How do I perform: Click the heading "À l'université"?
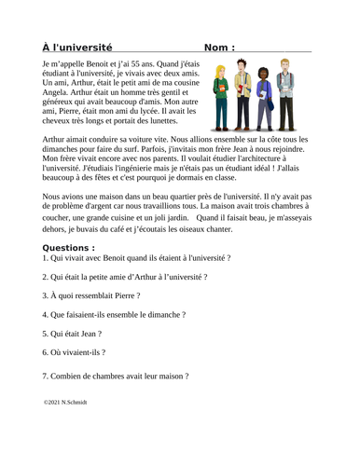click(x=77, y=47)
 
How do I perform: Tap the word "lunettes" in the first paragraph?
click(x=167, y=120)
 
